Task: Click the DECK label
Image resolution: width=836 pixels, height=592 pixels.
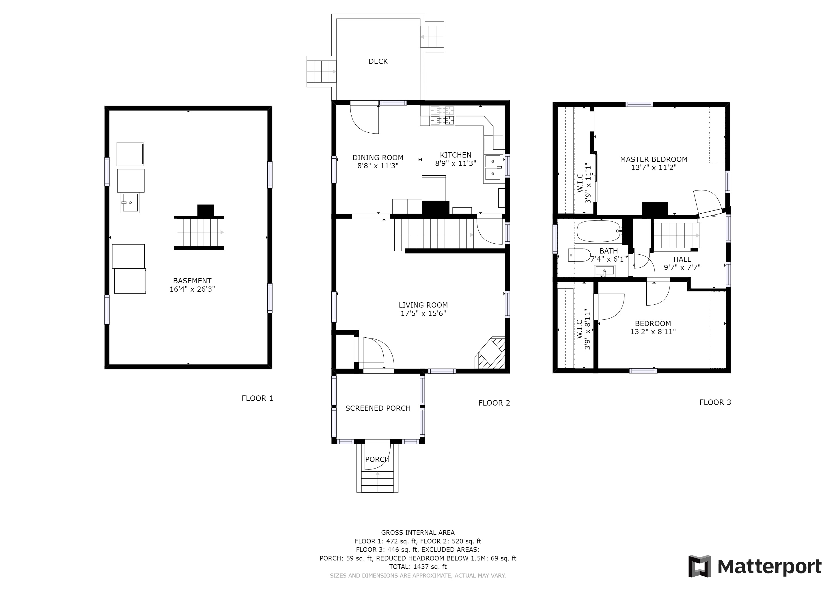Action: point(378,62)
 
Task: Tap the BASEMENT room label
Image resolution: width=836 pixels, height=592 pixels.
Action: point(192,281)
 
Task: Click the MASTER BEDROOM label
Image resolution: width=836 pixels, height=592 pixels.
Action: point(654,159)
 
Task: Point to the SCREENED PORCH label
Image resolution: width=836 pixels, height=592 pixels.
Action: point(378,408)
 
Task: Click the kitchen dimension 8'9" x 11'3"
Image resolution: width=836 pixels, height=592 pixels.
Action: point(456,163)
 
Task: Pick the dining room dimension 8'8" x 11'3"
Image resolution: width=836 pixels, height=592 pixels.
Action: point(378,166)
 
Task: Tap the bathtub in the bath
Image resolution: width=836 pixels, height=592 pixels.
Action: point(599,231)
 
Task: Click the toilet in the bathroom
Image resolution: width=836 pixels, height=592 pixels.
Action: point(579,255)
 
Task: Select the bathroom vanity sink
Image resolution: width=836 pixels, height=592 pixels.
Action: point(604,271)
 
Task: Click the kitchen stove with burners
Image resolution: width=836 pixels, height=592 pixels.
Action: point(443,116)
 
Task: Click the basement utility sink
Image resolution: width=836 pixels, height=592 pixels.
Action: point(130,203)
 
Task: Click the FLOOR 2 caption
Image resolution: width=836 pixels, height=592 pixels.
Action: point(494,403)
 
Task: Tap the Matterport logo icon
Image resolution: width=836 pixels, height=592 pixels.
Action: point(699,566)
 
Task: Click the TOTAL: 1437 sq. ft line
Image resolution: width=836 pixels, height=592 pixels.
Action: point(418,567)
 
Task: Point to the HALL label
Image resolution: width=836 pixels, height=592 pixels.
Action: point(682,260)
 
